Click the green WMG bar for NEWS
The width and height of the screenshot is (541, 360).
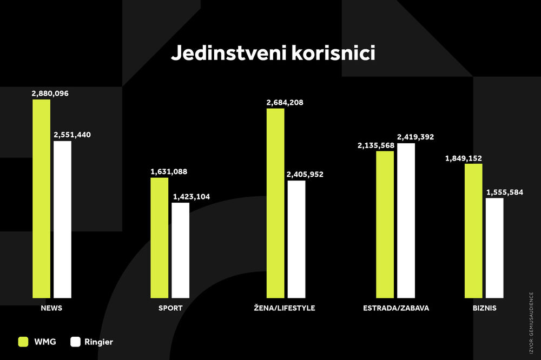(x=41, y=198)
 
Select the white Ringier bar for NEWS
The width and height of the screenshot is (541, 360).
(x=62, y=219)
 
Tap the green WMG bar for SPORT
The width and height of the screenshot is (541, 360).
(x=159, y=238)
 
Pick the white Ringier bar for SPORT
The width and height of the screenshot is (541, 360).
(x=180, y=250)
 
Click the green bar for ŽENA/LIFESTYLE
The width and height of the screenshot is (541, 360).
(x=275, y=203)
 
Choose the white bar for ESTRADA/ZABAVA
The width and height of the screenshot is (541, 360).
(x=406, y=221)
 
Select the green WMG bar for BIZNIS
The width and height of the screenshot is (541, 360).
(x=473, y=231)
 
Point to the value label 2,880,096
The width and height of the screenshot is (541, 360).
(x=50, y=94)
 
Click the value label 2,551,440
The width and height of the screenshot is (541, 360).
(x=72, y=135)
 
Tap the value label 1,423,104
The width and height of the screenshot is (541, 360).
(x=191, y=197)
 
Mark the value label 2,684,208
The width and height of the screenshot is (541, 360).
(x=285, y=102)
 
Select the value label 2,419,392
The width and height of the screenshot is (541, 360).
(x=415, y=137)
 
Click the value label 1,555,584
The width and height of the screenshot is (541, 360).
(x=505, y=192)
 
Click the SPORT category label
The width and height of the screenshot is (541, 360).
(x=170, y=308)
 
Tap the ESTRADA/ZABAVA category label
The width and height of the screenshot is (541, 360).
(x=396, y=308)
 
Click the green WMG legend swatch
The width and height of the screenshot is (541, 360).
(x=23, y=342)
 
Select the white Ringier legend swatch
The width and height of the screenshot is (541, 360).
(x=76, y=342)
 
